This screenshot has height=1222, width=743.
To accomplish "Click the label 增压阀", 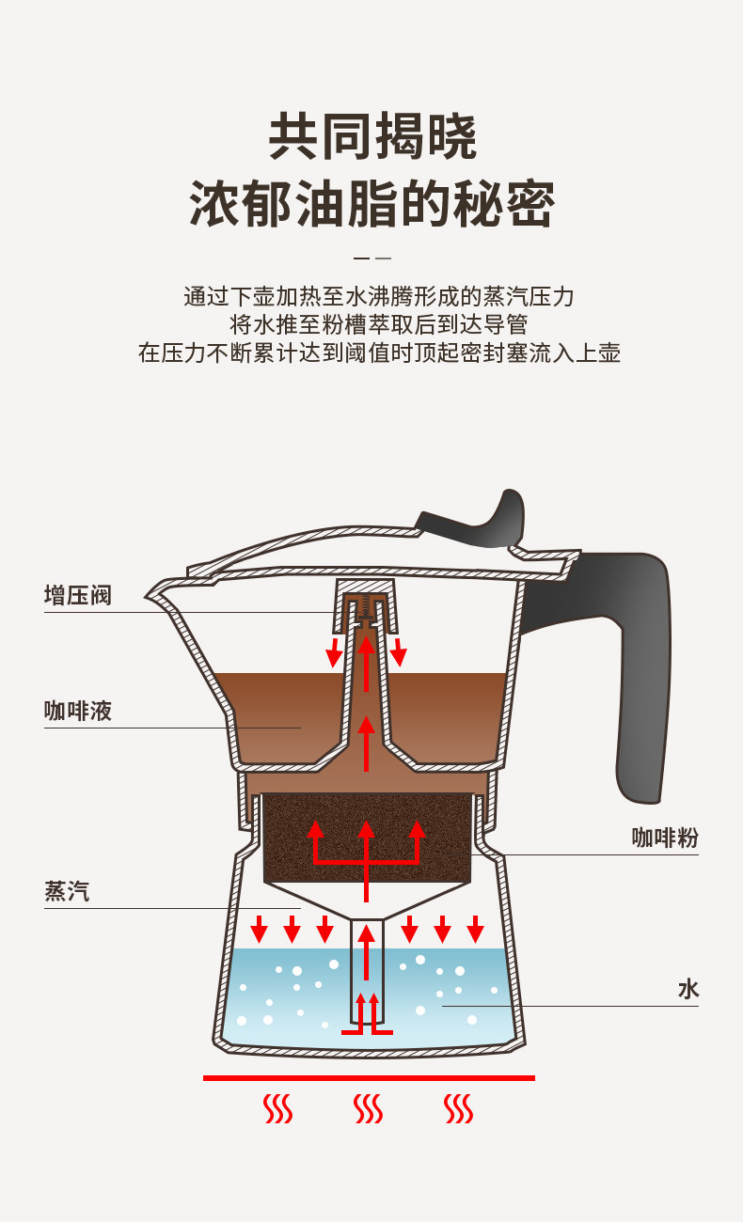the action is (x=77, y=595).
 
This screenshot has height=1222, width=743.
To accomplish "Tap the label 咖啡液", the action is (x=77, y=711).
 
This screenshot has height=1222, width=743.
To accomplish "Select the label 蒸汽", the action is (x=67, y=891).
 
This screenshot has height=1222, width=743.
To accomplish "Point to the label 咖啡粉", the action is (x=665, y=838).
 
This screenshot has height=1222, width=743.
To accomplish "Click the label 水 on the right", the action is (x=688, y=989).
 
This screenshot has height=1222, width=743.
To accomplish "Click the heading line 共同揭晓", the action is (x=372, y=137).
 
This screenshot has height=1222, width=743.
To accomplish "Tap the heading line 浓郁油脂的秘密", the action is (x=372, y=203).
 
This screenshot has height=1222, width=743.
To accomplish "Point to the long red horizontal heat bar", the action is (x=369, y=1077).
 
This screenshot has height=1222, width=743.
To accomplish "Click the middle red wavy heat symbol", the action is (x=368, y=1109).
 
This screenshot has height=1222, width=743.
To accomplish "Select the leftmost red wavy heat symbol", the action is (x=278, y=1109).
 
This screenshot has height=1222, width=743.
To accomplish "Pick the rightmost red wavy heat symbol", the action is (x=458, y=1109).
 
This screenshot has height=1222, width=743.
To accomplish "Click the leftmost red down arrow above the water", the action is (x=259, y=930).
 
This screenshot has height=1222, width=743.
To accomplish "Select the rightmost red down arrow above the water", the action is (x=475, y=930).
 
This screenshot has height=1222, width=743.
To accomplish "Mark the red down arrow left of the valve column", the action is (x=334, y=652).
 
